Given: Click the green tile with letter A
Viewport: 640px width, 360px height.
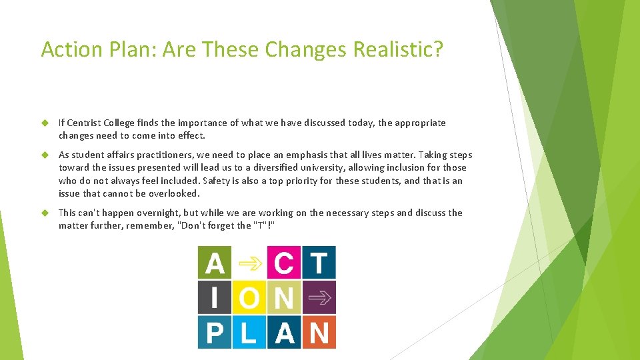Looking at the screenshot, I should coord(214,263).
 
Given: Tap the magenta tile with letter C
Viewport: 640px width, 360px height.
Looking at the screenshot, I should coord(284,263).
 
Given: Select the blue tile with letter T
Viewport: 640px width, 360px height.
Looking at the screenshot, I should coord(319,263).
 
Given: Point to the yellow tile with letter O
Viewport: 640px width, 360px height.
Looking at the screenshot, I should coord(249,297).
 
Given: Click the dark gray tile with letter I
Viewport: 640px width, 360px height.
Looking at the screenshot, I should coord(214,297).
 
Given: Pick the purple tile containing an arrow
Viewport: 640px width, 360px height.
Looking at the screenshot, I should coord(319,297).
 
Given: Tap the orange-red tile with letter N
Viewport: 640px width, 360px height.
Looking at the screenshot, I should coord(319,332).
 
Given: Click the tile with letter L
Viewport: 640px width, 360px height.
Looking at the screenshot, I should coord(249,332).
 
